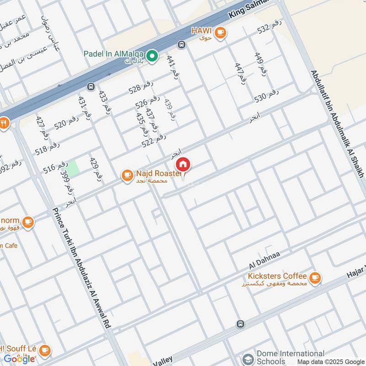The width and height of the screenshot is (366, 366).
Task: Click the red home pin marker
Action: [183, 164]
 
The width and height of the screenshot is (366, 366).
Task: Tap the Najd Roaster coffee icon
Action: [127, 175]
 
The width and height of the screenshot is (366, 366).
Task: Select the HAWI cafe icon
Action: [221, 32]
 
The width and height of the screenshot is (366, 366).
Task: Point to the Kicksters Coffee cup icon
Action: [315, 277]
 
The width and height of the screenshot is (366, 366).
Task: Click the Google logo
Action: [19, 359]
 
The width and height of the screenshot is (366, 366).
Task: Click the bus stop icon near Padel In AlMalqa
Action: [182, 45]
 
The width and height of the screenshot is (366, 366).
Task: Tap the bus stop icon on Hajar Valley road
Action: [240, 324]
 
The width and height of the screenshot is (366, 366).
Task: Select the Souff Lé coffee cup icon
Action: [44, 350]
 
